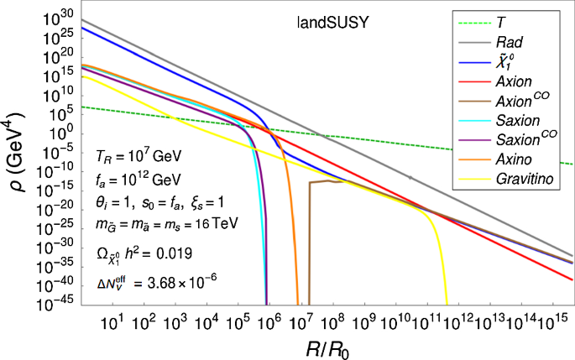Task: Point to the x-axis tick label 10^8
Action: click(x=334, y=321)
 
